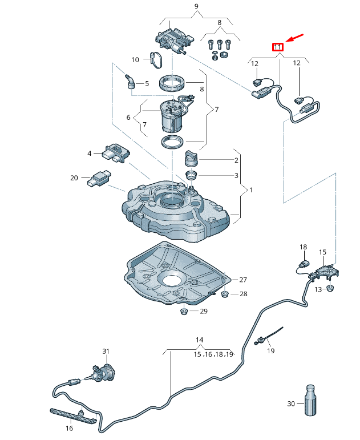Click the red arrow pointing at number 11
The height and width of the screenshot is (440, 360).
pos(295,38)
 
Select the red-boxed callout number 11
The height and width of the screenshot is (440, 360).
pos(277,46)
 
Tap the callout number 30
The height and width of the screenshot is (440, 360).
pos(290,404)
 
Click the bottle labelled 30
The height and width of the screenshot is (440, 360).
pos(310,401)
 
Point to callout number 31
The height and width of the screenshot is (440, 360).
pos(105,350)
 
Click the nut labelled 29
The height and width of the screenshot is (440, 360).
pos(184,311)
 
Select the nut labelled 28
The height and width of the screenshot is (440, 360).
pos(224,294)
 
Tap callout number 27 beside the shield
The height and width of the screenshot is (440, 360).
pos(244,280)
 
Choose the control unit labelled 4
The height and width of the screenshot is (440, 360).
pos(115,152)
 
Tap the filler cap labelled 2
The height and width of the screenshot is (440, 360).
pos(191,157)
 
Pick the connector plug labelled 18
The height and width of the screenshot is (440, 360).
pos(304,265)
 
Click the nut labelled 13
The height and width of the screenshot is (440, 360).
pos(330,289)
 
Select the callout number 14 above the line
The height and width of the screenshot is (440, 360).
pos(200,340)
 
